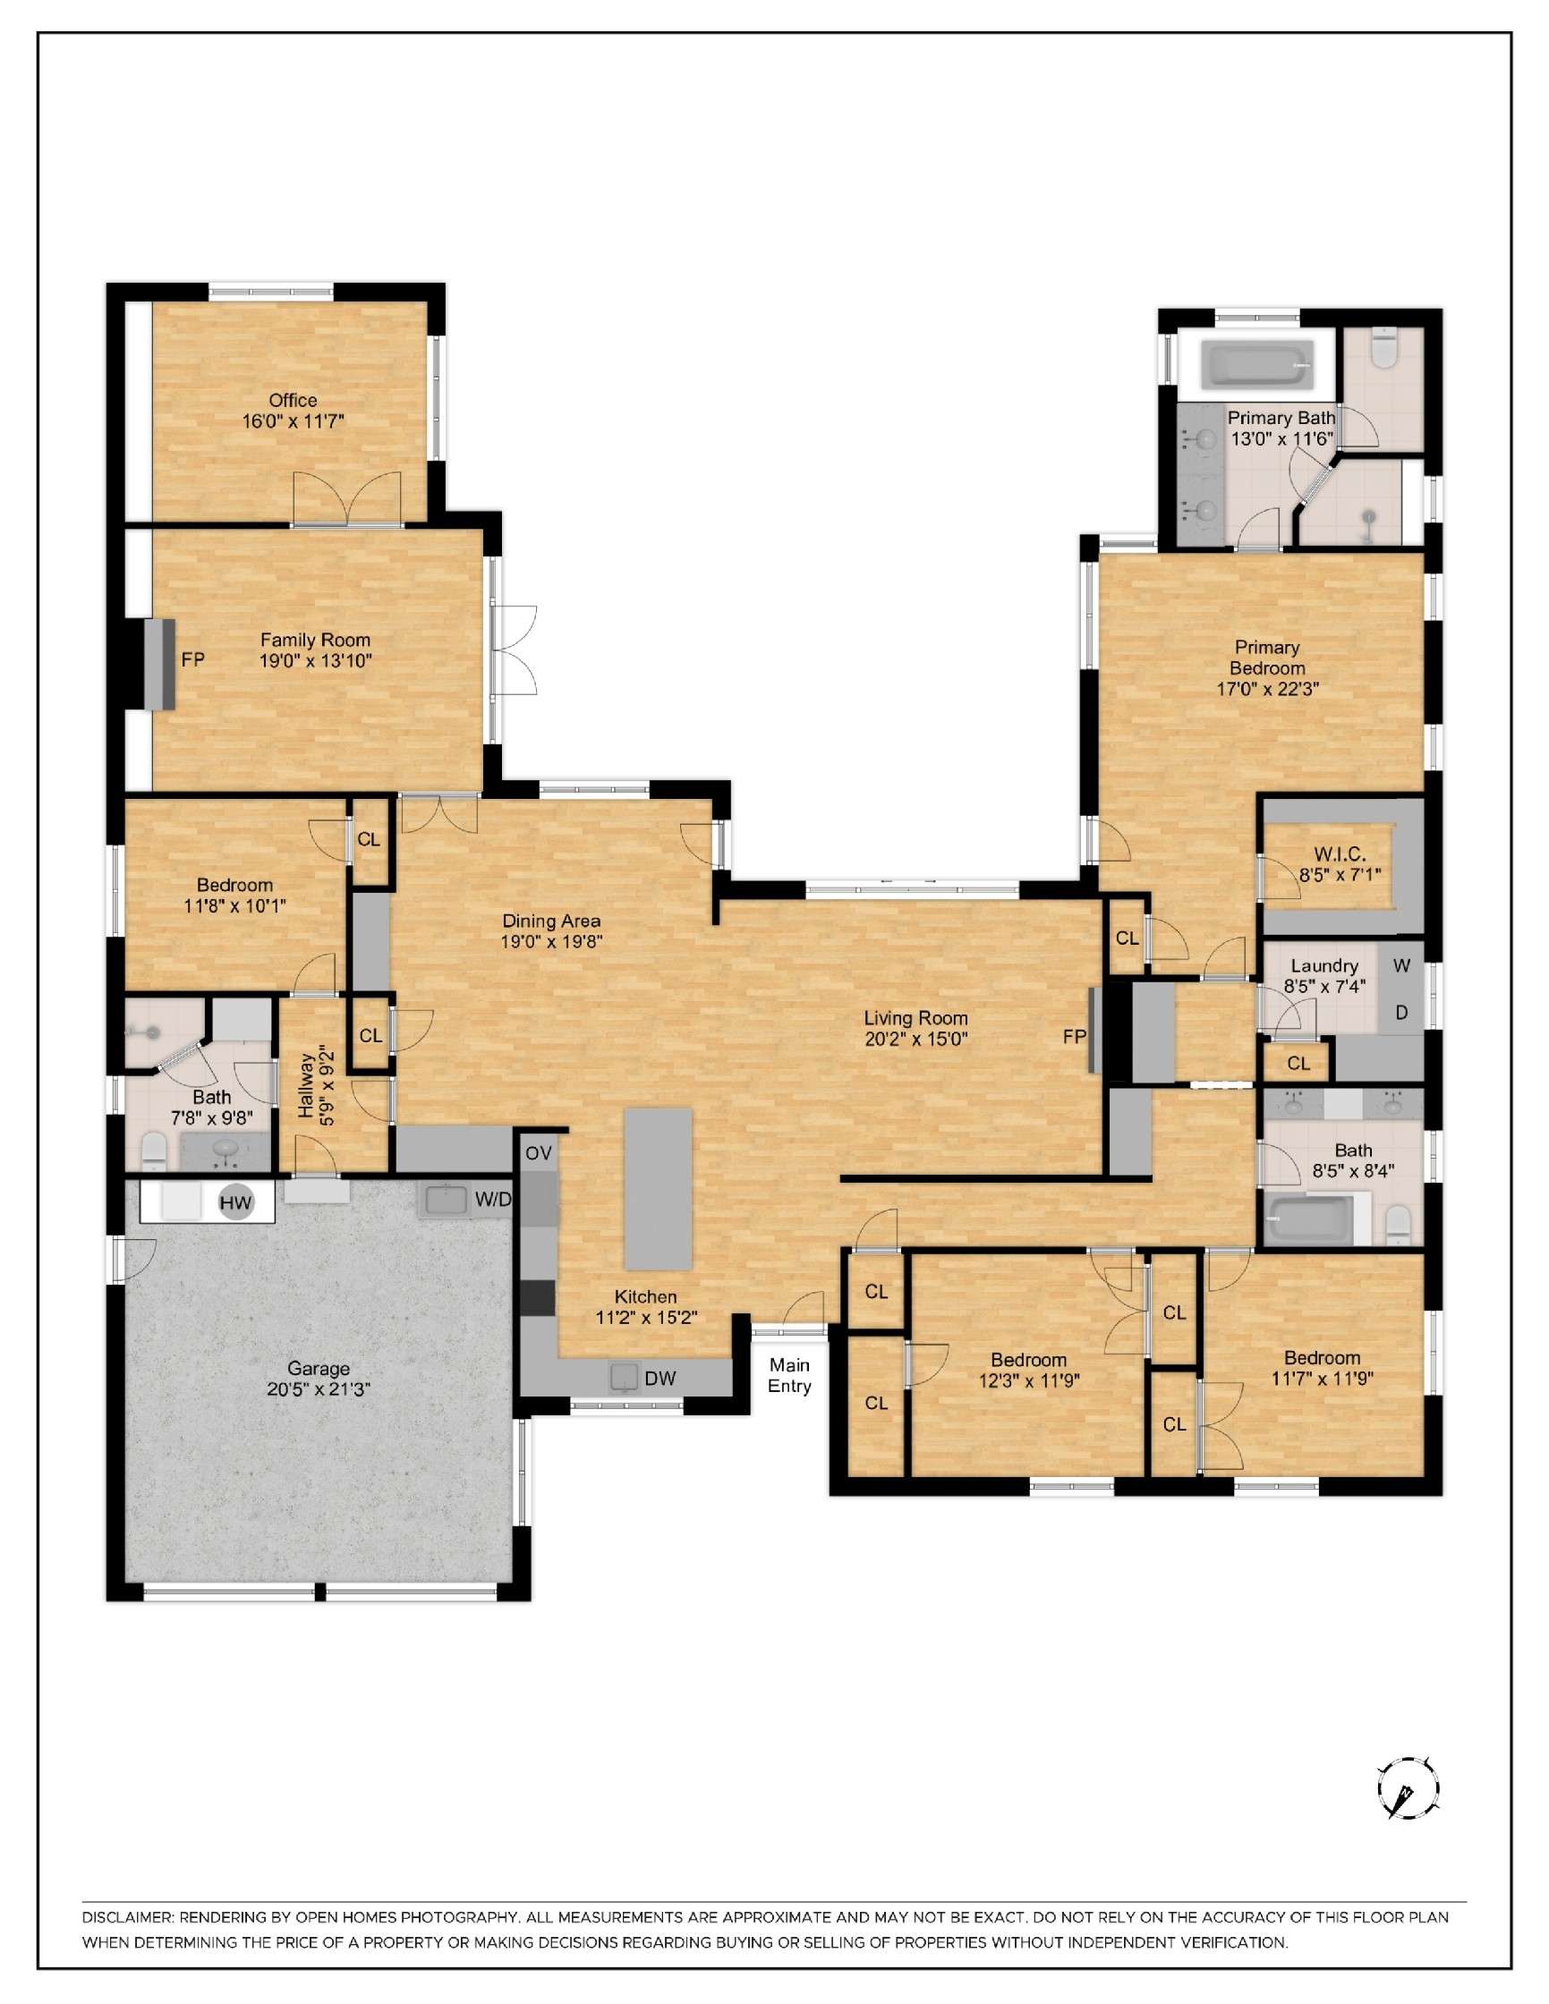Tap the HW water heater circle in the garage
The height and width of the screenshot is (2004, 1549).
click(x=235, y=1203)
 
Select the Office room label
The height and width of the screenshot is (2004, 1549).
click(x=293, y=400)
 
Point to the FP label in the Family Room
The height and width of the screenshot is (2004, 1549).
click(x=192, y=658)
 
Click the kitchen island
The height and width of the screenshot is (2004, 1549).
click(x=658, y=1188)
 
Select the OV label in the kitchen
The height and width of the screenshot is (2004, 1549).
click(x=539, y=1153)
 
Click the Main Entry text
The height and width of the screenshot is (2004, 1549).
click(x=789, y=1375)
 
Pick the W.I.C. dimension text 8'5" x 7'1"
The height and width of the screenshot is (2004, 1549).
click(x=1339, y=875)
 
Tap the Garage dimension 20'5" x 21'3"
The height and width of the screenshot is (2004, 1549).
click(x=319, y=1389)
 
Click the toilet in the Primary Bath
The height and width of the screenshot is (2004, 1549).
click(x=1382, y=349)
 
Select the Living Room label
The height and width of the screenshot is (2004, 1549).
click(x=915, y=1017)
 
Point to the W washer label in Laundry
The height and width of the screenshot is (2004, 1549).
click(x=1401, y=965)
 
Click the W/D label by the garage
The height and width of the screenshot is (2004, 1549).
click(x=493, y=1200)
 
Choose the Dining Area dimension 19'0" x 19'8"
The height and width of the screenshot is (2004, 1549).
click(x=550, y=941)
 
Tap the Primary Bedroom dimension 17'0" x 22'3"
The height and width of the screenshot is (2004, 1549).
click(x=1267, y=689)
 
